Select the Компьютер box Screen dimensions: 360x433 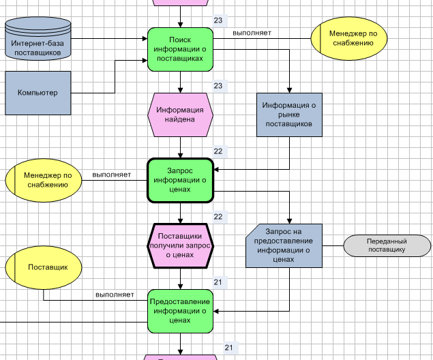pos(38,93)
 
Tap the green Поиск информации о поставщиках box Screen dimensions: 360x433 pos(180,49)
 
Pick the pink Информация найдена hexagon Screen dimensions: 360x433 pos(180,114)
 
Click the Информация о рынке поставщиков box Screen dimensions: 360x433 pos(288,115)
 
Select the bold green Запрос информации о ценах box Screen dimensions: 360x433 pos(180,180)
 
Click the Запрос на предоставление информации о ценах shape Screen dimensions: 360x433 pos(284,245)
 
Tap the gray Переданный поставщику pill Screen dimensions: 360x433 pos(386,245)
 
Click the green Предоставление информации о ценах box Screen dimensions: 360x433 pos(180,310)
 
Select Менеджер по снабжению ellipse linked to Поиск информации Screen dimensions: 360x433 pos(348,38)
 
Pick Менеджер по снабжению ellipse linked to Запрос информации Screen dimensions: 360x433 pos(43,180)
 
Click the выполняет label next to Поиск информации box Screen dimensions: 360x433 pos(252,33)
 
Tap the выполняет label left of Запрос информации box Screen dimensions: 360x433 pos(112,175)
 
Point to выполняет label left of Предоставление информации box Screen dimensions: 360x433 pos(115,295)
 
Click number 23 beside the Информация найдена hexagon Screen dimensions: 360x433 pos(218,86)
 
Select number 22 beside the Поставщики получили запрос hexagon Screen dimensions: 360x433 pos(218,217)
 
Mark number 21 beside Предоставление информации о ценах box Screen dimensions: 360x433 pos(218,282)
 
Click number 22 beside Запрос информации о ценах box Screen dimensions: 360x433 pos(218,151)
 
